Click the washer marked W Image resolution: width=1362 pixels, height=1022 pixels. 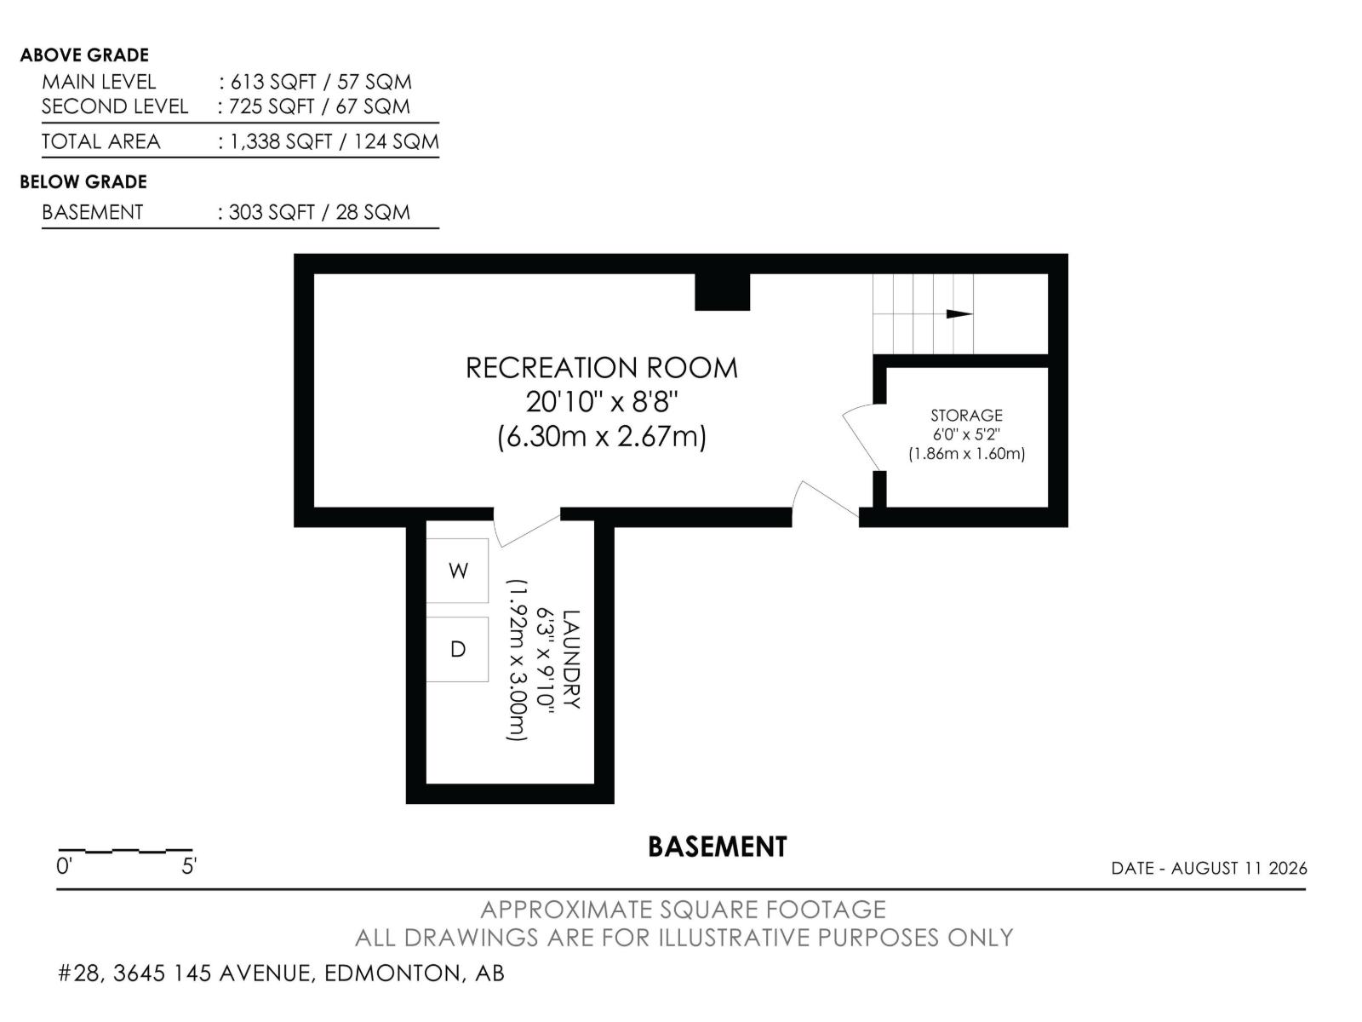pyautogui.click(x=456, y=571)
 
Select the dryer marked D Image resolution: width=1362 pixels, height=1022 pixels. pyautogui.click(x=456, y=649)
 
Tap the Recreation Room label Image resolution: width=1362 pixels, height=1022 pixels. pyautogui.click(x=601, y=368)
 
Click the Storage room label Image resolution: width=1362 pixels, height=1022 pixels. pyautogui.click(x=966, y=415)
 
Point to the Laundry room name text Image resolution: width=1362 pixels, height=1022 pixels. pyautogui.click(x=571, y=659)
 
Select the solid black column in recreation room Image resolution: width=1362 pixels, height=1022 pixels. pyautogui.click(x=722, y=291)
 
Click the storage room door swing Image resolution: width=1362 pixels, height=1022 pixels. pyautogui.click(x=861, y=434)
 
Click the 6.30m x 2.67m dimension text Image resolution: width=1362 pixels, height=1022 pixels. pyautogui.click(x=602, y=437)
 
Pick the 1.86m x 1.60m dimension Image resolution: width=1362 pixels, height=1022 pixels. pyautogui.click(x=966, y=454)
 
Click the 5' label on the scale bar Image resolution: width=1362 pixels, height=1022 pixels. pyautogui.click(x=189, y=865)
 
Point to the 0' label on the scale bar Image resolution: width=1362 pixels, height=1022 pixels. pyautogui.click(x=64, y=865)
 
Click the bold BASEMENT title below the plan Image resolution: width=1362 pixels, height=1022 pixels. pyautogui.click(x=718, y=847)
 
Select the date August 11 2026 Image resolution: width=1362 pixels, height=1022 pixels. pyautogui.click(x=1239, y=868)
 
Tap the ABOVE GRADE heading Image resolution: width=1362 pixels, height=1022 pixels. pyautogui.click(x=84, y=55)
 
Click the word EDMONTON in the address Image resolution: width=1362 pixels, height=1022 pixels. pyautogui.click(x=393, y=973)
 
